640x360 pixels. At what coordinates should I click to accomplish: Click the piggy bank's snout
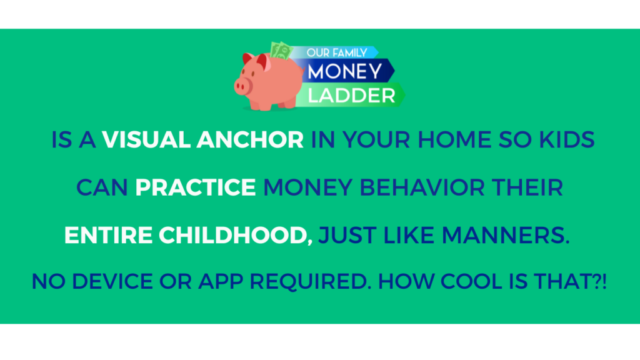(x=243, y=86)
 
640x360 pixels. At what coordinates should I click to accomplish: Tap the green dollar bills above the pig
(x=281, y=51)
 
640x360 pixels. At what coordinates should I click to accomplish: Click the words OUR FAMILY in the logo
(x=337, y=52)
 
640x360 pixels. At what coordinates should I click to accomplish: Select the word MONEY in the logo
(x=344, y=71)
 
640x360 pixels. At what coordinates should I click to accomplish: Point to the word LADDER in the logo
(x=351, y=96)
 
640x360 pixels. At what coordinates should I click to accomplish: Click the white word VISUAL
(x=146, y=139)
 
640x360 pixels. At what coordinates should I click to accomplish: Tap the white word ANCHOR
(x=250, y=139)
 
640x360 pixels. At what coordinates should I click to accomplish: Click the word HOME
(x=454, y=139)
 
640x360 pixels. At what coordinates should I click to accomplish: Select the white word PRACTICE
(x=196, y=187)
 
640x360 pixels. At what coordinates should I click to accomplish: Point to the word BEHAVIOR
(x=422, y=187)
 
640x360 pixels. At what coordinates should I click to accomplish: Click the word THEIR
(x=527, y=187)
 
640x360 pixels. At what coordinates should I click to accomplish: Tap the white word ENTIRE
(x=108, y=236)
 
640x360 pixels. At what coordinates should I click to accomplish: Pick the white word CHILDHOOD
(x=236, y=236)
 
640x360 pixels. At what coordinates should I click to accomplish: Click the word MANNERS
(x=505, y=236)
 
